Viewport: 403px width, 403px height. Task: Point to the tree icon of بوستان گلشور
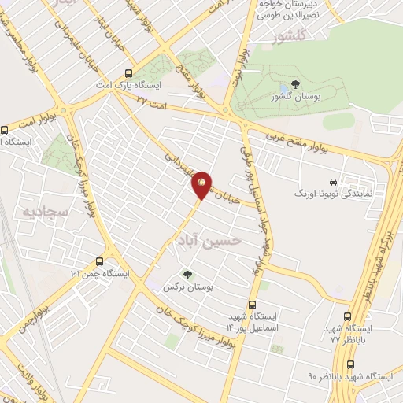point(295,84)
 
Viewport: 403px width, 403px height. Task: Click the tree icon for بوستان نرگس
point(187,275)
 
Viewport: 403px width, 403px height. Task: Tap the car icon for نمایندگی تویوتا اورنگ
point(334,180)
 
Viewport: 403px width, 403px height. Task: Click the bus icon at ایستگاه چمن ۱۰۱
point(99,261)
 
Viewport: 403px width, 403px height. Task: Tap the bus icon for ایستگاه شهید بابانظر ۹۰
point(350,364)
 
